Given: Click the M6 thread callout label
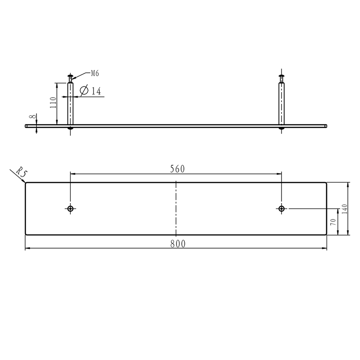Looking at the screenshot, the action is [x=95, y=73].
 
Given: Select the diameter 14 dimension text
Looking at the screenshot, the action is [x=91, y=91].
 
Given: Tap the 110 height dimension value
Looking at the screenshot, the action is [x=53, y=103].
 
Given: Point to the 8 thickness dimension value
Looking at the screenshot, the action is [x=33, y=116].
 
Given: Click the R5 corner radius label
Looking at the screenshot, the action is [x=22, y=172].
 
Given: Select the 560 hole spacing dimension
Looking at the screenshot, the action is [x=177, y=169].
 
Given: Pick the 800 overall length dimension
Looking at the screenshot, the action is [x=178, y=244].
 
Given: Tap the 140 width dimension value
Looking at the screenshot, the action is [x=345, y=209].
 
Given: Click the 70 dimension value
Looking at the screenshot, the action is [x=333, y=222].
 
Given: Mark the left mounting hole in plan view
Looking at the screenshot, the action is [x=71, y=209].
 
